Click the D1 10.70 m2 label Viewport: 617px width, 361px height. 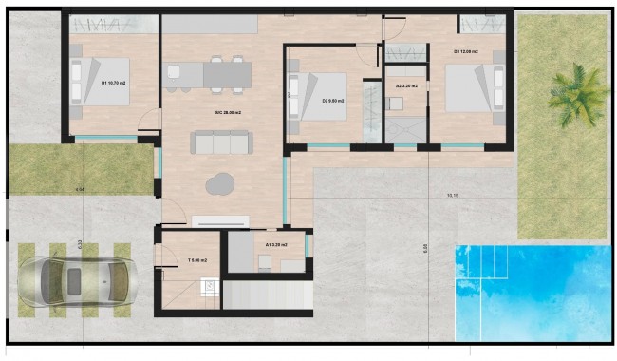coord(116,82)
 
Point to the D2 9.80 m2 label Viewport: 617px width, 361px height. coord(332,99)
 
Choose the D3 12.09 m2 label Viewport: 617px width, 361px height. coord(465,51)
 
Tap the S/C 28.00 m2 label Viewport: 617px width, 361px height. coord(228,113)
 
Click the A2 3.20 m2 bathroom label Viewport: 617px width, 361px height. coord(406,85)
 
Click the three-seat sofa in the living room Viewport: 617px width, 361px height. coord(222,142)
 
